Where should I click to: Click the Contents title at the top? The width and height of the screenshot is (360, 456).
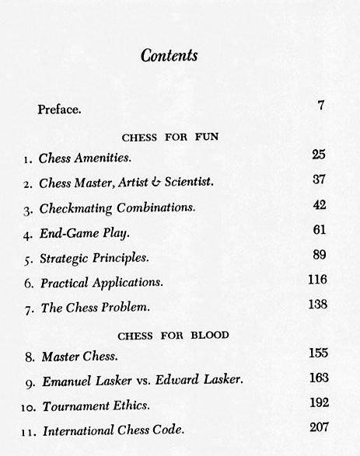[169, 56]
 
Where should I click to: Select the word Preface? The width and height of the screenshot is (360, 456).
[59, 109]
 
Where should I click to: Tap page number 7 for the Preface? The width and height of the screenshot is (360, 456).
[320, 106]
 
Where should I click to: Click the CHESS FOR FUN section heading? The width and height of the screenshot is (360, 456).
[170, 137]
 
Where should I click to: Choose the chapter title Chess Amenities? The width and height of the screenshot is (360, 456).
[85, 158]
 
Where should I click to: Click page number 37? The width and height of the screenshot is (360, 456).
[318, 180]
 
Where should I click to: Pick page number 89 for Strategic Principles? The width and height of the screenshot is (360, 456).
[318, 255]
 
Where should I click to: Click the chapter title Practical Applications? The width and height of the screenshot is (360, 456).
[101, 282]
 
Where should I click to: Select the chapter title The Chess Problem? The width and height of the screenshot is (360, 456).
[94, 307]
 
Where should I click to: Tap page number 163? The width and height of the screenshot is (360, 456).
[318, 378]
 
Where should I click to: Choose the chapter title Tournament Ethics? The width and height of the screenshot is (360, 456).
[96, 406]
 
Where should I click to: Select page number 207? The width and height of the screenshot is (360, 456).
[318, 427]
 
